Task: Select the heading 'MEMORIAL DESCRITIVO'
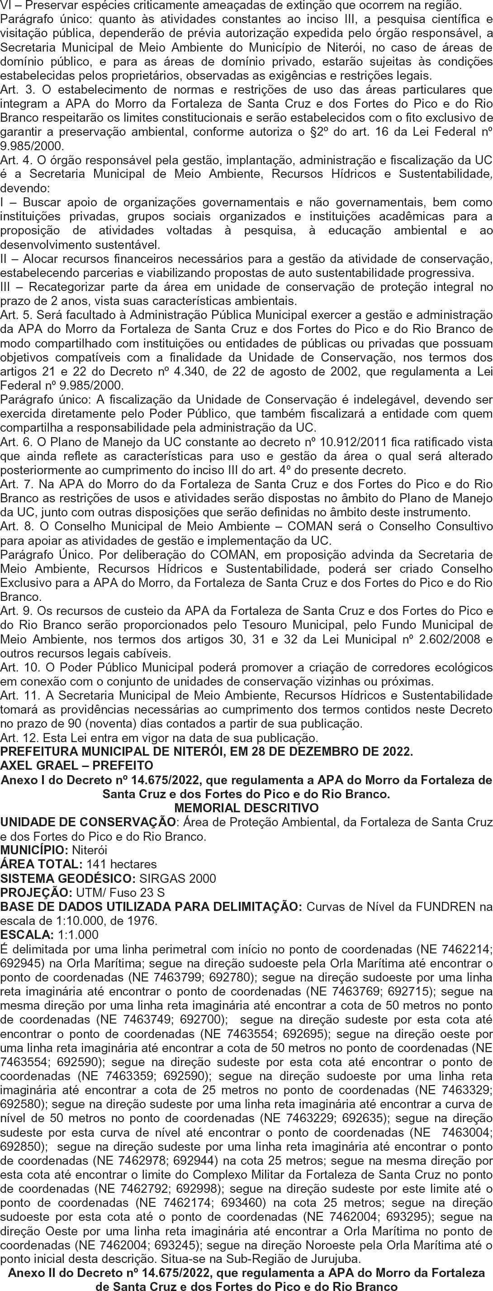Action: point(246,808)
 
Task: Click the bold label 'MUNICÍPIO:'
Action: point(35,850)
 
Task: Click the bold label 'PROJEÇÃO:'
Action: point(36,892)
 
